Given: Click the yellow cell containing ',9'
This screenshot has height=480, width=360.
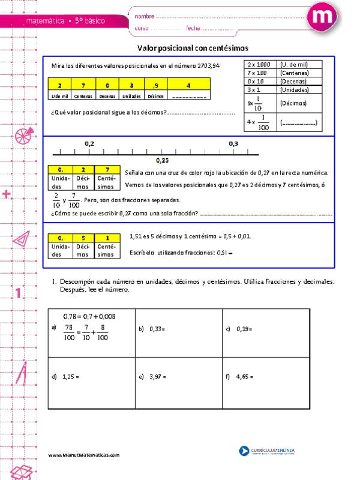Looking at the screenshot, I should click(155, 86).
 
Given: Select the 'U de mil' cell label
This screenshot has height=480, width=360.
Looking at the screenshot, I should click(60, 96).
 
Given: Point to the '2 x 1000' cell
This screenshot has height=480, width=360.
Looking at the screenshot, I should click(259, 64).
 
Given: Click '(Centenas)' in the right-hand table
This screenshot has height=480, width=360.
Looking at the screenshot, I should click(294, 73).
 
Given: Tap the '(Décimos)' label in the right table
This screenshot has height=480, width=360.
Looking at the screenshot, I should click(293, 103).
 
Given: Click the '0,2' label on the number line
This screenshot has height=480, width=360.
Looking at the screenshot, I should click(90, 143).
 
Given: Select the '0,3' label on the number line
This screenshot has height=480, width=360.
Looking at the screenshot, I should click(233, 143).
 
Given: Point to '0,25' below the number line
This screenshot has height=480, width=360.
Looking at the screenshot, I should click(162, 160).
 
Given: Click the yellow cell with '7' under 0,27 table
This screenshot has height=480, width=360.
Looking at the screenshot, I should click(106, 170).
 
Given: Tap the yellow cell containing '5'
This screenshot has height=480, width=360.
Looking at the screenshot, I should click(83, 238).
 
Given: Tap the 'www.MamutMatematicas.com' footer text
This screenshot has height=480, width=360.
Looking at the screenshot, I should click(85, 455).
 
